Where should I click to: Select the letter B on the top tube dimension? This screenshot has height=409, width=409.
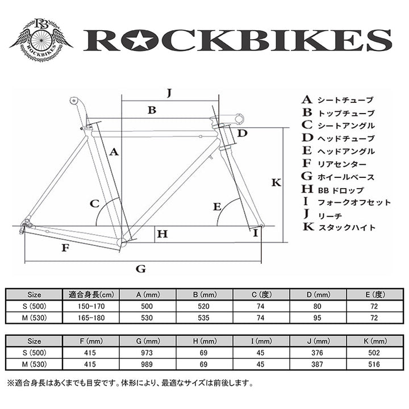pyautogui.click(x=152, y=110)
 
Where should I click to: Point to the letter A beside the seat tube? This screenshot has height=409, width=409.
pyautogui.click(x=113, y=152)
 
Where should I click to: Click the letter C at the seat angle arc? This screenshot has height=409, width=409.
pyautogui.click(x=95, y=203)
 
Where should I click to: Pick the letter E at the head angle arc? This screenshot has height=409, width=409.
pyautogui.click(x=216, y=207)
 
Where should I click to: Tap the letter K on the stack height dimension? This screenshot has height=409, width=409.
pyautogui.click(x=276, y=183)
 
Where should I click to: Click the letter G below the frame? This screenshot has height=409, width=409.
pyautogui.click(x=141, y=269)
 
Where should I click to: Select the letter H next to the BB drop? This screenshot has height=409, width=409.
pyautogui.click(x=163, y=233)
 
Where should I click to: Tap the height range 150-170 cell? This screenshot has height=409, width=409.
pyautogui.click(x=91, y=306)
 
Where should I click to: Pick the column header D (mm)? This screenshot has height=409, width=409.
pyautogui.click(x=318, y=294)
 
